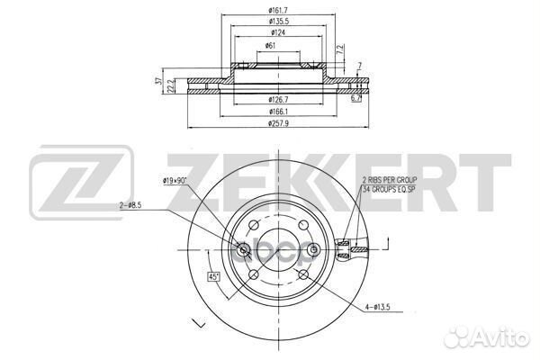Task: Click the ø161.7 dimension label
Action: (x=278, y=10)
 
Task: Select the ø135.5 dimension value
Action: (x=279, y=22)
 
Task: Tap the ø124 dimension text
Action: (x=278, y=32)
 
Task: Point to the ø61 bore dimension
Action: (x=270, y=46)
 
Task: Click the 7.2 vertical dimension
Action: (x=340, y=49)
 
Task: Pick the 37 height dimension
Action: (x=158, y=81)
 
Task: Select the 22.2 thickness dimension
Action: (x=170, y=86)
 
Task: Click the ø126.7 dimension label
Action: (x=278, y=100)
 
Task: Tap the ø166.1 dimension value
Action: (x=278, y=112)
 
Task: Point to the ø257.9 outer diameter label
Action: (x=278, y=123)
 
